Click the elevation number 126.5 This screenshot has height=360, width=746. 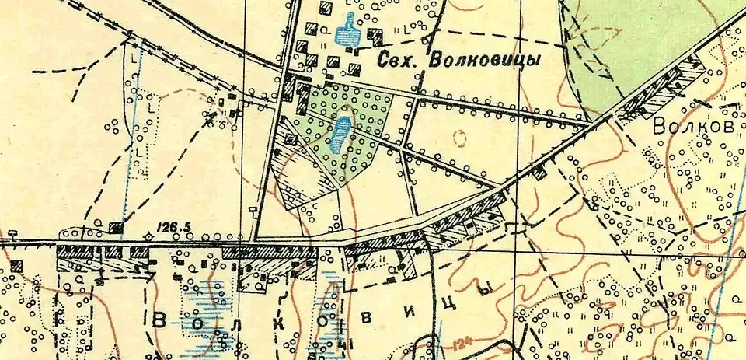tap(175, 227)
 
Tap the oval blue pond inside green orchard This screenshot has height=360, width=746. tap(339, 135)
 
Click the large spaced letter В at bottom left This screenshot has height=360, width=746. tap(160, 320)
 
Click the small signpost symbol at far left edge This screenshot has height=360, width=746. tap(13, 232)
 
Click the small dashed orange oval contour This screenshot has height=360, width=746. tap(459, 138)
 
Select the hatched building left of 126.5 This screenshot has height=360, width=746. tap(115, 227)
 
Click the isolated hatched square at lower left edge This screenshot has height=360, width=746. tap(16, 266)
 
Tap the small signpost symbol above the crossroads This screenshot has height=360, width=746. tap(253, 210)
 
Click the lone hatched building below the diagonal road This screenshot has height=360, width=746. tap(539, 173)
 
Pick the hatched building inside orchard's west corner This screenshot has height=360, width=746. tap(291, 139)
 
